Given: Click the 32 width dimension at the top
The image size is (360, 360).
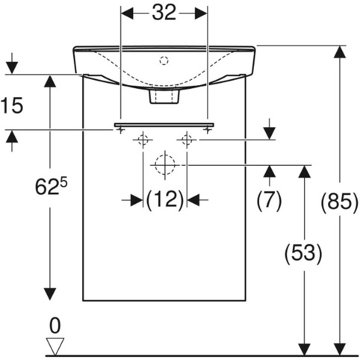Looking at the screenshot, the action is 164,13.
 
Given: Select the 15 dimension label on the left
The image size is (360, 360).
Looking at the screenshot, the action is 12,105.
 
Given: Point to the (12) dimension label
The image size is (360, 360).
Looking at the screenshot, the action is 164,199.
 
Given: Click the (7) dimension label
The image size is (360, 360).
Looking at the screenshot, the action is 269,199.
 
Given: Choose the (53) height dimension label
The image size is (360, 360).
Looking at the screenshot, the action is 303,253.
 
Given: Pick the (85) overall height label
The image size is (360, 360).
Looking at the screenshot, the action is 340,201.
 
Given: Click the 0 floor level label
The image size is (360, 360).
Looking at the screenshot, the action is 55,326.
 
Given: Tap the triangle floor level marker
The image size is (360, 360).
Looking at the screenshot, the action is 55,346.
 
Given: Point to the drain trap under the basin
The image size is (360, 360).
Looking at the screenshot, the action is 164,96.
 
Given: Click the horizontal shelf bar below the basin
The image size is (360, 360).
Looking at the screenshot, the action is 164,125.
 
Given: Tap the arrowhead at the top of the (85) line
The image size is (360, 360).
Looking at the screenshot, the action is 340,52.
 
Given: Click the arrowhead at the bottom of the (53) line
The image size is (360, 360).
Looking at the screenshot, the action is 304,350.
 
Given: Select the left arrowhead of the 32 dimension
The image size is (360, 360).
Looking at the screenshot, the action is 127,13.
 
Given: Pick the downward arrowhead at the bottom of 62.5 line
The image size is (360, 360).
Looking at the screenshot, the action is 50,294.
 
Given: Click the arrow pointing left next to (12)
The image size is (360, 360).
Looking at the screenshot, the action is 193,199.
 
